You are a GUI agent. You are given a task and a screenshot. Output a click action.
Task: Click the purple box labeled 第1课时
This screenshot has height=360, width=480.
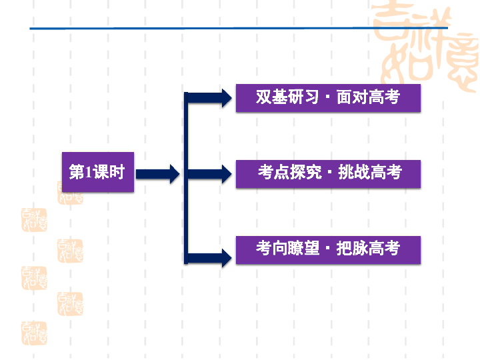97,172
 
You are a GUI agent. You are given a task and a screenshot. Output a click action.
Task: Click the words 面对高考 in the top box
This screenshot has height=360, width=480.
367,97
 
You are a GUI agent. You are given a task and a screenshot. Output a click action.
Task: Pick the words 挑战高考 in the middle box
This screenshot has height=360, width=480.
370,172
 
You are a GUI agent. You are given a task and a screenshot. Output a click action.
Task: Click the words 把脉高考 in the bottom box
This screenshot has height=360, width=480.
368,249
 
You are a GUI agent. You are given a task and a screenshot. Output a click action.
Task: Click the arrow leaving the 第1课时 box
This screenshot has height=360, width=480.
157,174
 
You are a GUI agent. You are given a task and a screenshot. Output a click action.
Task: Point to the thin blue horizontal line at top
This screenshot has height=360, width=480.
200,29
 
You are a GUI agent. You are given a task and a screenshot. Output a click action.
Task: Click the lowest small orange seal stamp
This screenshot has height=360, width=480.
34,333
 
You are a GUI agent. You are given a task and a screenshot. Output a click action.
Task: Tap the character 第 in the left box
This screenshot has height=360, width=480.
77,172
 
